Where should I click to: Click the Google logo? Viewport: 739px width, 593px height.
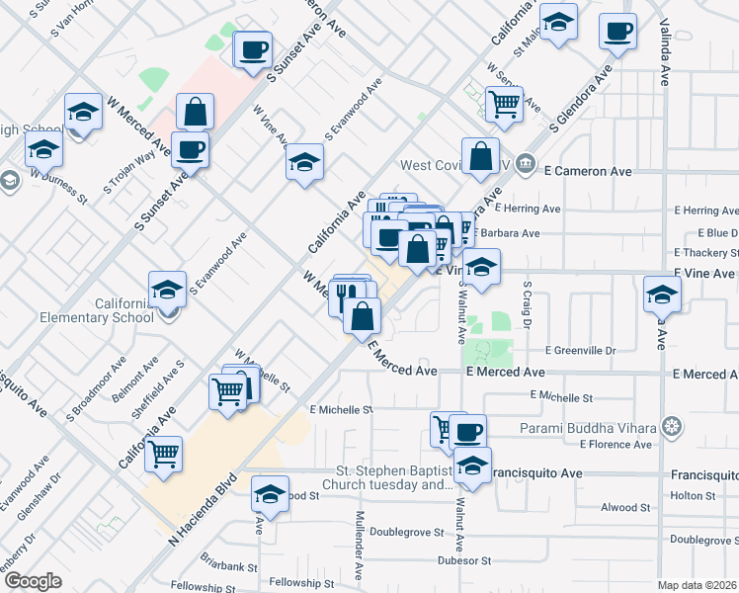click(x=33, y=581)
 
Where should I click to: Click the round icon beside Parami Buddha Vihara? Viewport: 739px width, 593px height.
click(x=672, y=427)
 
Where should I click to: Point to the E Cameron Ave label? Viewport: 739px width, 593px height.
click(x=588, y=171)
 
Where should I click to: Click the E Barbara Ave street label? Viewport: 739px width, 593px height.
click(x=507, y=234)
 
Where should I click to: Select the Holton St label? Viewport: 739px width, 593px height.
click(x=692, y=495)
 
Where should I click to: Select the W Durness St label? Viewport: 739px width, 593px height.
click(x=59, y=186)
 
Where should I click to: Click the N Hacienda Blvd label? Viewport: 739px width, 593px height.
click(x=205, y=510)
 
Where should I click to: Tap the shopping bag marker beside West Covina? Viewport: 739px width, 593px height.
click(x=480, y=158)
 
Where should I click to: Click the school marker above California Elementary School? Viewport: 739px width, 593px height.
click(x=168, y=291)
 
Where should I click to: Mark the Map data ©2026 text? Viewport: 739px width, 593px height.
click(x=698, y=585)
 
